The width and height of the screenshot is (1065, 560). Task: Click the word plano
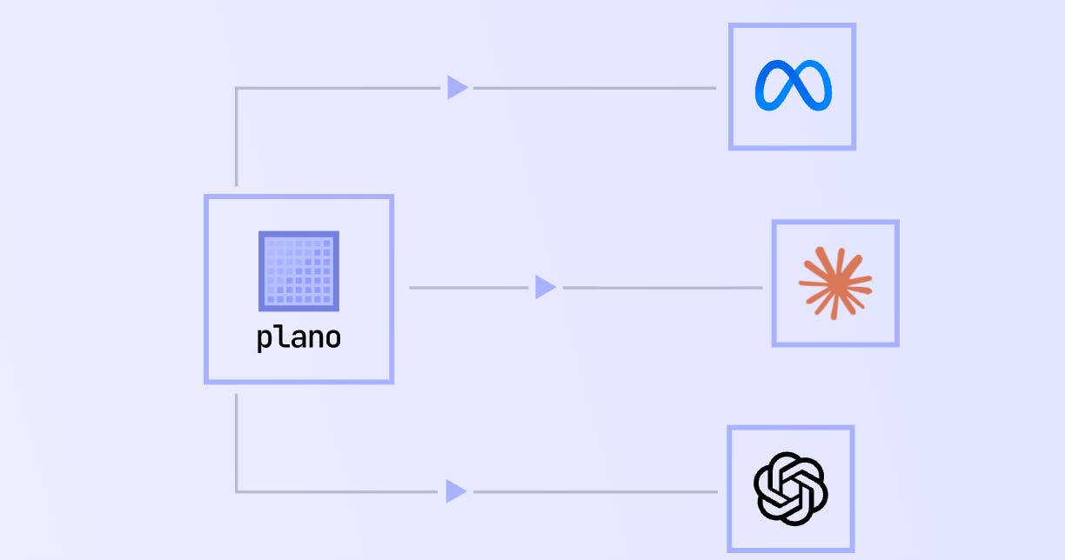click(298, 338)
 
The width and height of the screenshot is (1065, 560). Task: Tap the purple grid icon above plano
click(298, 271)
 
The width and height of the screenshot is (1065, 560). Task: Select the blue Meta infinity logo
click(793, 85)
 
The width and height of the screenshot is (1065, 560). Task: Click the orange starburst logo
click(835, 283)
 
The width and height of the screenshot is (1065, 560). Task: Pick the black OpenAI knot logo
click(791, 489)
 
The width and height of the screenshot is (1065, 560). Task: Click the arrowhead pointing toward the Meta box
click(458, 88)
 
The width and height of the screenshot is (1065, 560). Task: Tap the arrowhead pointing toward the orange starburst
click(546, 287)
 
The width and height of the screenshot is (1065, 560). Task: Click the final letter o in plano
click(332, 339)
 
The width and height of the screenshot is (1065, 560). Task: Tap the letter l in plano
click(281, 337)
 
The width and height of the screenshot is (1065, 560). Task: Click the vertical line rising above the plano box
click(237, 137)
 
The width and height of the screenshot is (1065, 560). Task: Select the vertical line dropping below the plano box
click(237, 443)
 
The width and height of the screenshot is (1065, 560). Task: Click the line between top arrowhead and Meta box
click(595, 88)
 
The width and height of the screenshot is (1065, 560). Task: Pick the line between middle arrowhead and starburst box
click(663, 287)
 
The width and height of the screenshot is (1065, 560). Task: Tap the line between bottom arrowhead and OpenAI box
click(596, 491)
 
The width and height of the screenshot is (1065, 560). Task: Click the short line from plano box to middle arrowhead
click(469, 287)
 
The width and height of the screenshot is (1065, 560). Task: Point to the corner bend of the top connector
click(237, 88)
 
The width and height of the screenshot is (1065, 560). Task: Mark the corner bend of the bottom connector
click(237, 491)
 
